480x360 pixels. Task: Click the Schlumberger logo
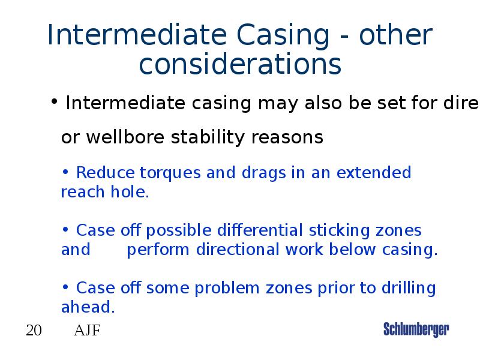(x=416, y=329)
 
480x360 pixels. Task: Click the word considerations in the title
(x=240, y=64)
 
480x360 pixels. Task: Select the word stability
(x=208, y=137)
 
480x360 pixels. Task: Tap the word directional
(x=238, y=250)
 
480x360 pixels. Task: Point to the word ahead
(x=87, y=308)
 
